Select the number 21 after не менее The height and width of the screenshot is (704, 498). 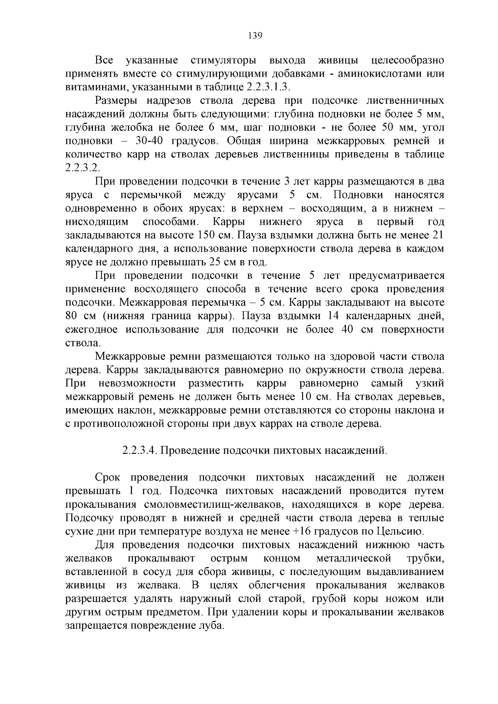tap(438, 235)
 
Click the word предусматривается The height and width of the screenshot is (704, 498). tap(396, 276)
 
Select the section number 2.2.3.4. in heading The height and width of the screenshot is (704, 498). tap(139, 451)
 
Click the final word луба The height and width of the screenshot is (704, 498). tap(212, 626)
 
